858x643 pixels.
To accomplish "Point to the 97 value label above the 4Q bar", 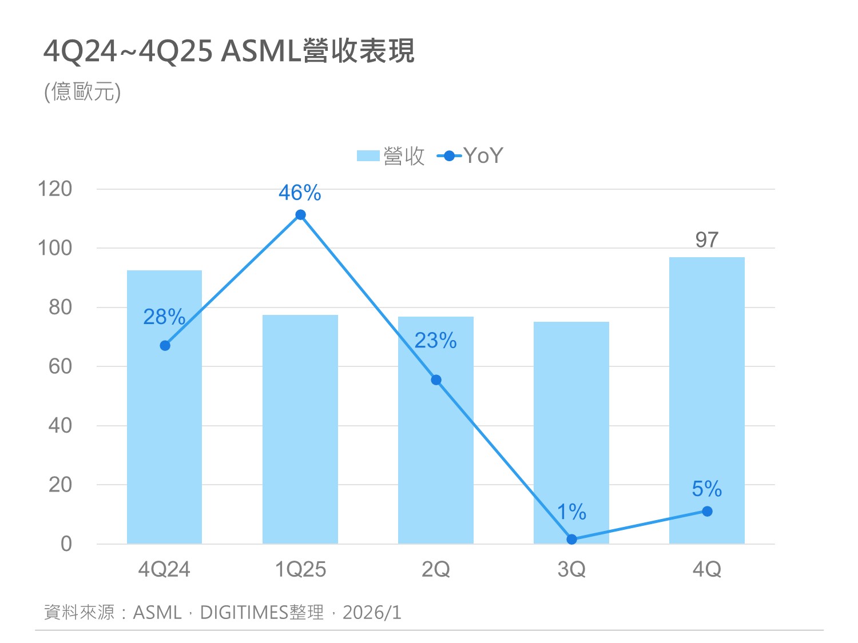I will click(x=706, y=240).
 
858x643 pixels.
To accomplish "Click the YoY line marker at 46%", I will click(x=300, y=215).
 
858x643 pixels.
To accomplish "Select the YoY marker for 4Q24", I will click(x=165, y=346).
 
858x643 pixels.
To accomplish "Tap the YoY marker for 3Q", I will click(x=571, y=539).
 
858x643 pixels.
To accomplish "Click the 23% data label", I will click(x=435, y=341).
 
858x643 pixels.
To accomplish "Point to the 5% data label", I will click(x=706, y=489).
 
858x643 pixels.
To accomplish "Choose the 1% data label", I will click(x=571, y=512).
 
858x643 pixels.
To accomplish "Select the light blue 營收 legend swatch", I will click(x=368, y=156).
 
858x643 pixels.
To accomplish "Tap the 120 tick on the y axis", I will click(x=55, y=189).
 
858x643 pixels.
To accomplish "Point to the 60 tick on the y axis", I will click(x=60, y=366).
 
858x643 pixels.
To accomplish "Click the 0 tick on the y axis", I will click(x=66, y=544).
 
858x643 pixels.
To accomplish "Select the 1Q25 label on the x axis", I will click(x=300, y=569).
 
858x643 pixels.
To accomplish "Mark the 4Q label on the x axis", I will click(x=706, y=569).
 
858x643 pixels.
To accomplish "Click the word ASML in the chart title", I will click(x=261, y=51).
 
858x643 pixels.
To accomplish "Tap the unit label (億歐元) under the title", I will click(x=82, y=91).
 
